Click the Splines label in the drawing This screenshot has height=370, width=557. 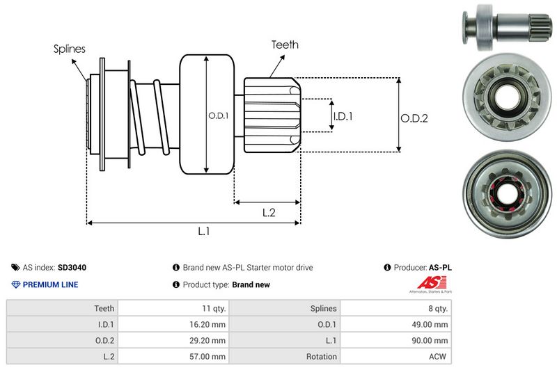tap(70, 49)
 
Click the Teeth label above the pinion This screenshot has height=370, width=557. tap(285, 45)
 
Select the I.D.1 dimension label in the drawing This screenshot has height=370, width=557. tap(343, 116)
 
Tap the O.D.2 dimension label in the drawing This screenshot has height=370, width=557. tap(414, 118)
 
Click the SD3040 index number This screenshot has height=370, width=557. tap(72, 267)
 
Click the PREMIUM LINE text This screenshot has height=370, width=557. tap(50, 284)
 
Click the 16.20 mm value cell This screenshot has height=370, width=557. tap(209, 324)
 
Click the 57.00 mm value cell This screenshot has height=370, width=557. tap(209, 356)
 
